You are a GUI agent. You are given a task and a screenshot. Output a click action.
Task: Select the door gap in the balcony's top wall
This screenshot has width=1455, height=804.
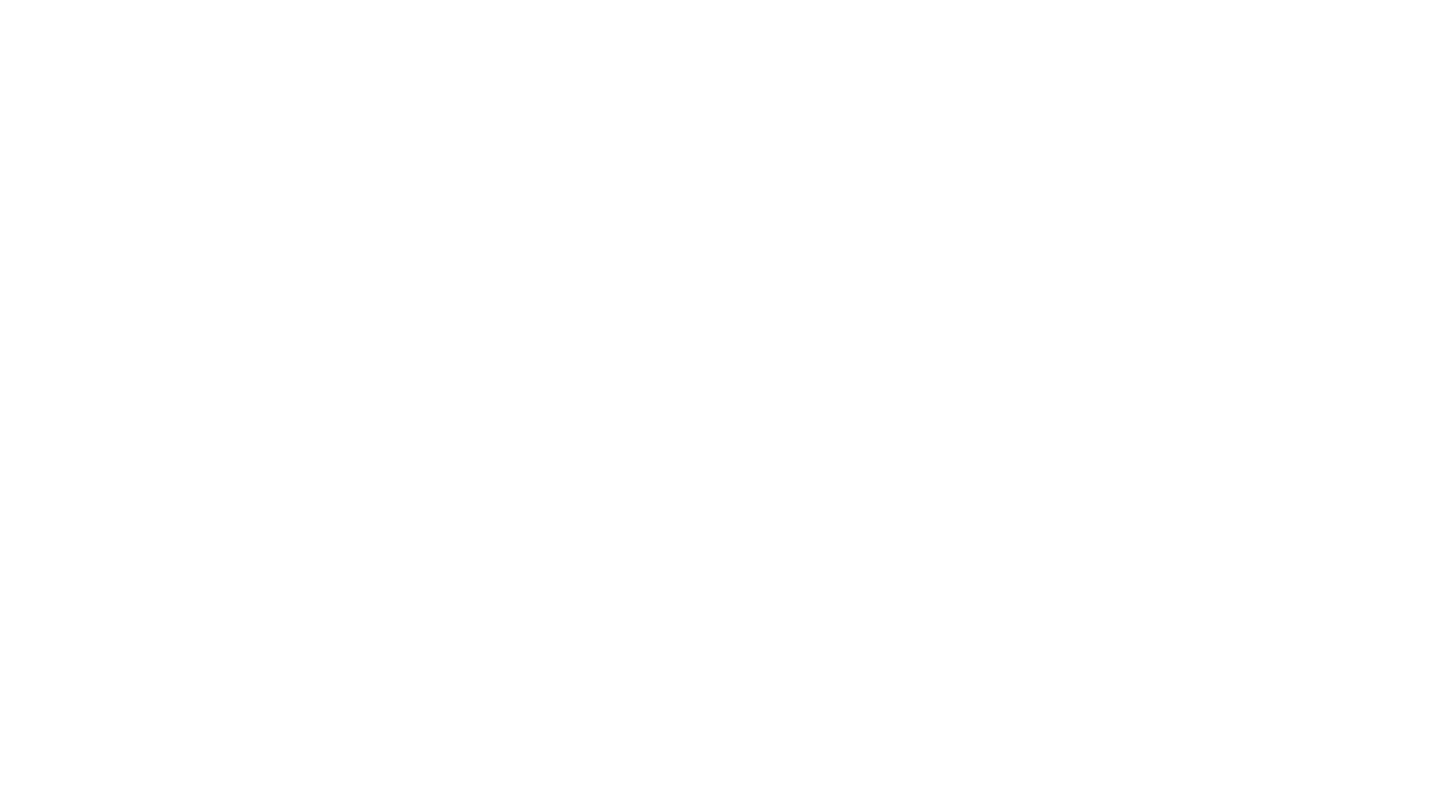coord(634,577)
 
